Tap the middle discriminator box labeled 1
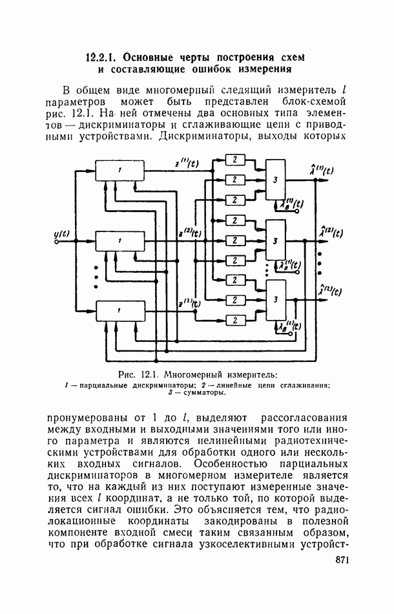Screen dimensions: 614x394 [x=119, y=241]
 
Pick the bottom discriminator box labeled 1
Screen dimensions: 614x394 [x=119, y=311]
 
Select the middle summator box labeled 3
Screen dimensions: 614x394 [x=275, y=240]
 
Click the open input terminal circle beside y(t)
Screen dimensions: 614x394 [x=57, y=242]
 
